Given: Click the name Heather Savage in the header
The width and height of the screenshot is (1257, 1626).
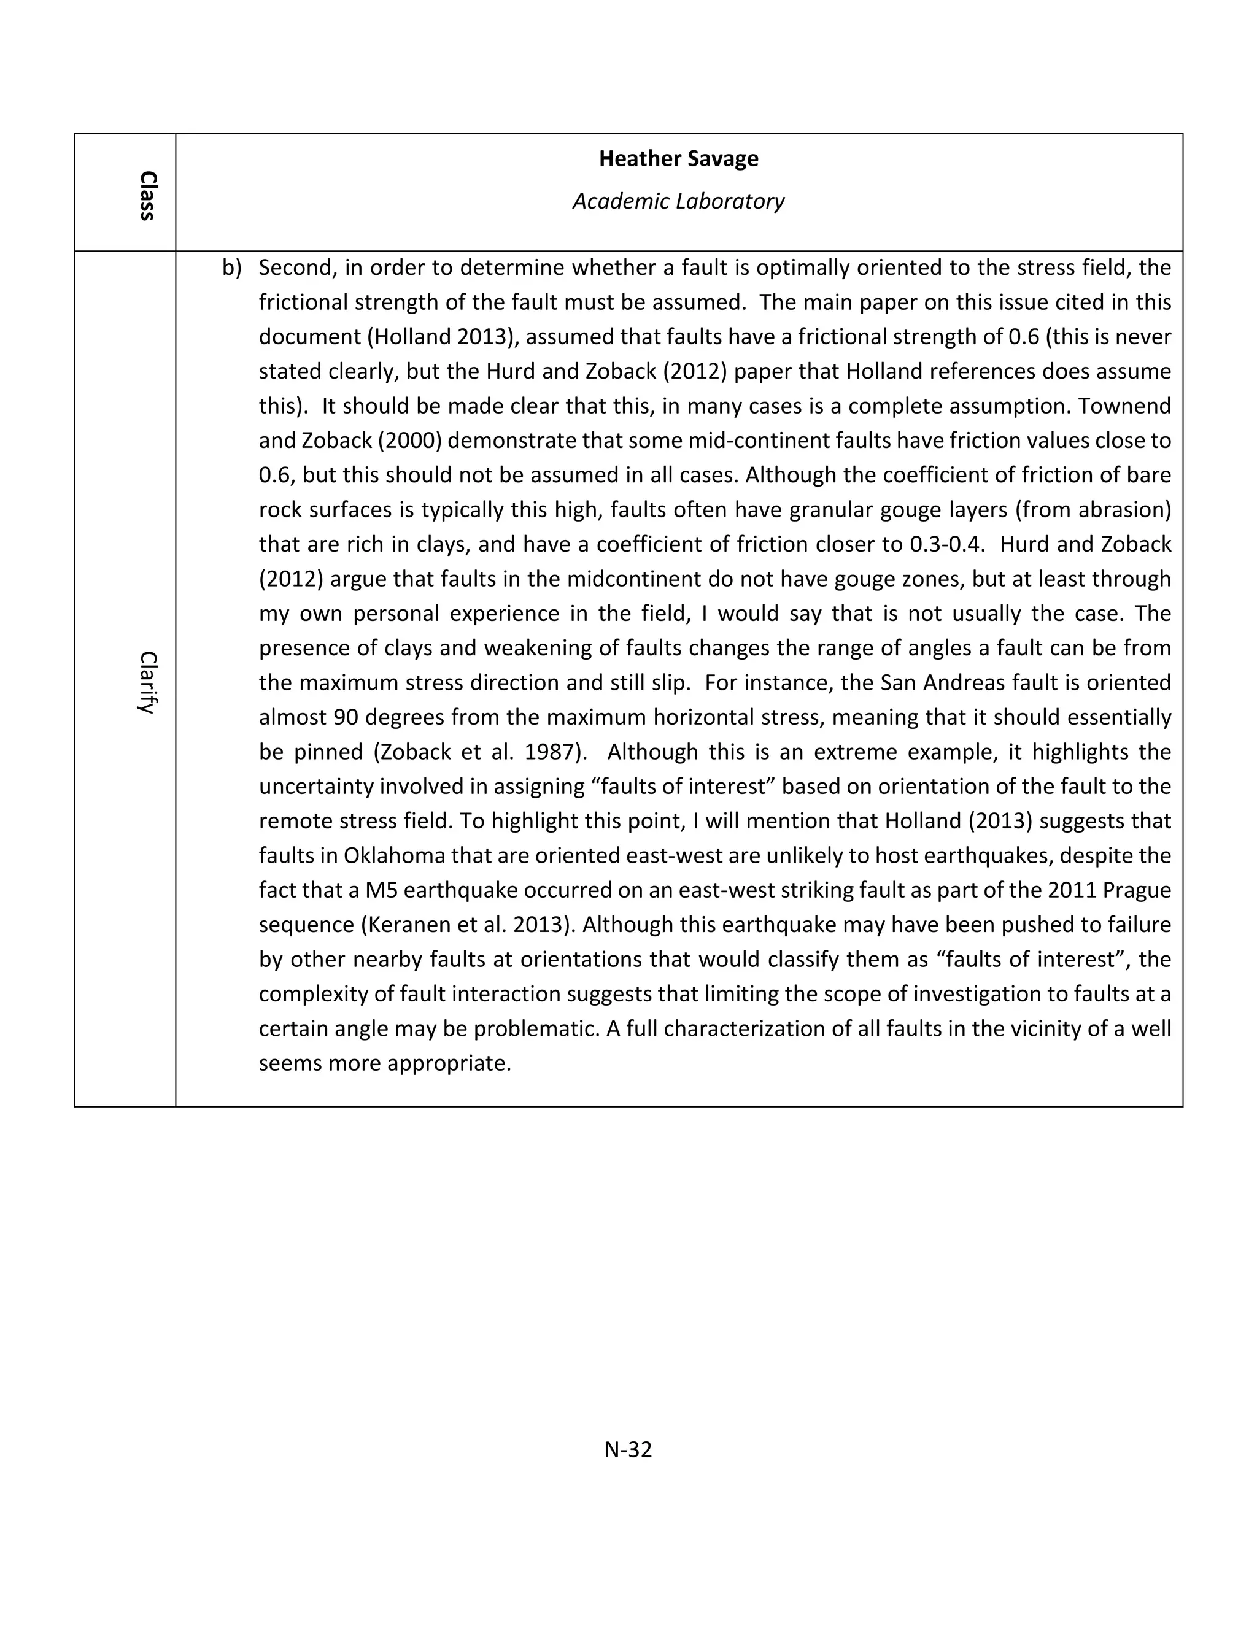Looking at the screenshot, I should point(678,158).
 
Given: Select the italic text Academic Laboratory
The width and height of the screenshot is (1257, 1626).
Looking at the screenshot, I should point(678,201).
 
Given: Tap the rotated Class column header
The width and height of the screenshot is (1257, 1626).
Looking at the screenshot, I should point(147,195).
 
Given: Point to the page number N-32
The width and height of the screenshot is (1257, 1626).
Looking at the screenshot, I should point(628,1449).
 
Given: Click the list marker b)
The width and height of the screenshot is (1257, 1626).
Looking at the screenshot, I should point(231,268).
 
